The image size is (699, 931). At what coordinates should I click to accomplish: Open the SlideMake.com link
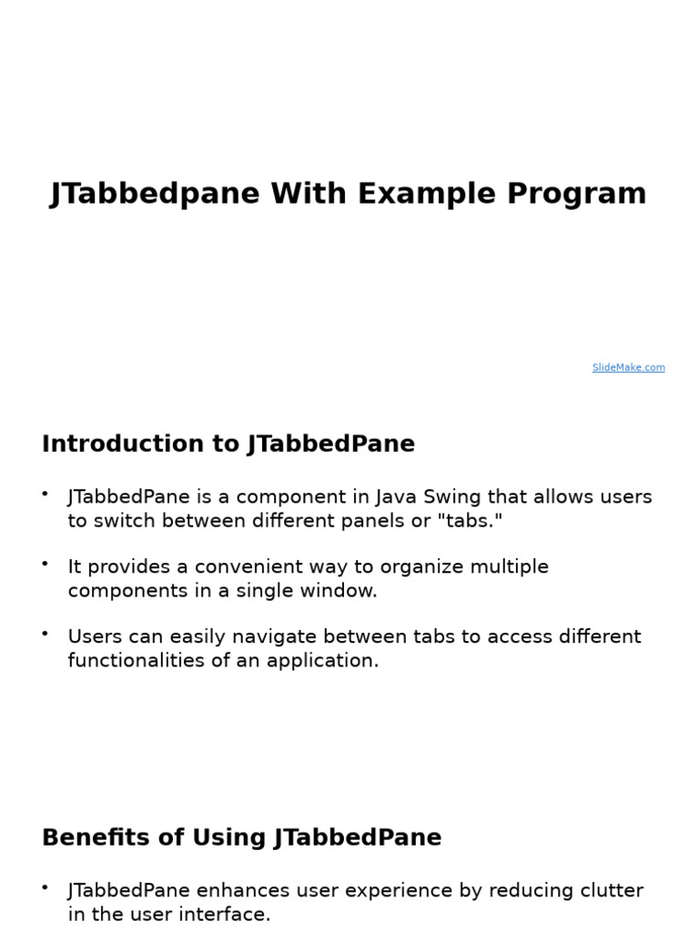point(628,367)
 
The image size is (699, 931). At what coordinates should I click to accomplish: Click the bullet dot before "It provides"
point(45,564)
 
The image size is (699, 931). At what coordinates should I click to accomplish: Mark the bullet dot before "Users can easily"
point(45,633)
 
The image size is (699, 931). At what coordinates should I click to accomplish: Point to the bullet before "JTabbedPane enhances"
point(45,886)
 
